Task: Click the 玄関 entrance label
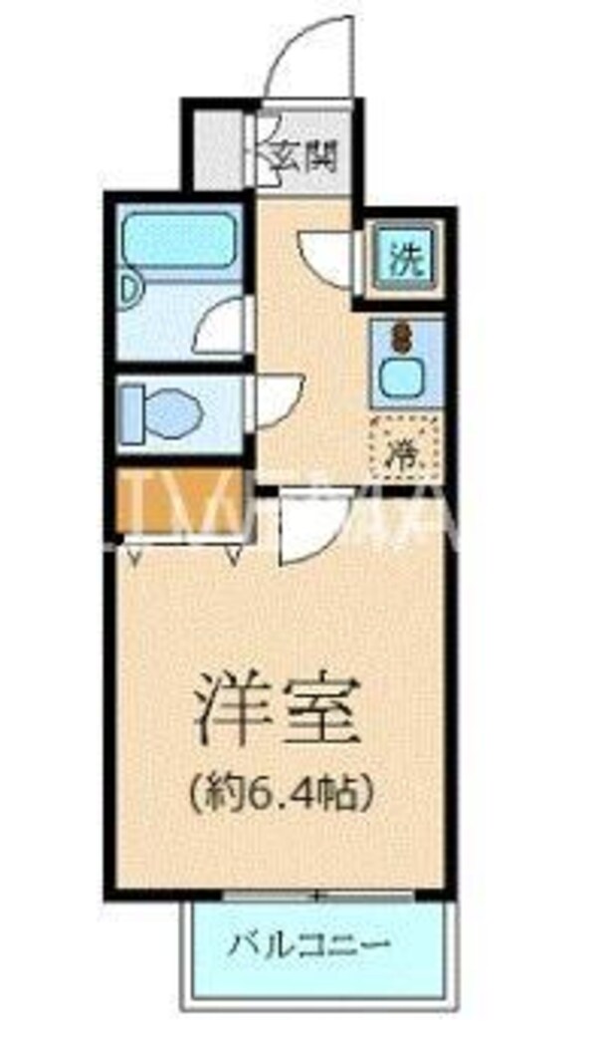308,155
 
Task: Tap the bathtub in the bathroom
179,238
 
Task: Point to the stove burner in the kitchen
403,337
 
